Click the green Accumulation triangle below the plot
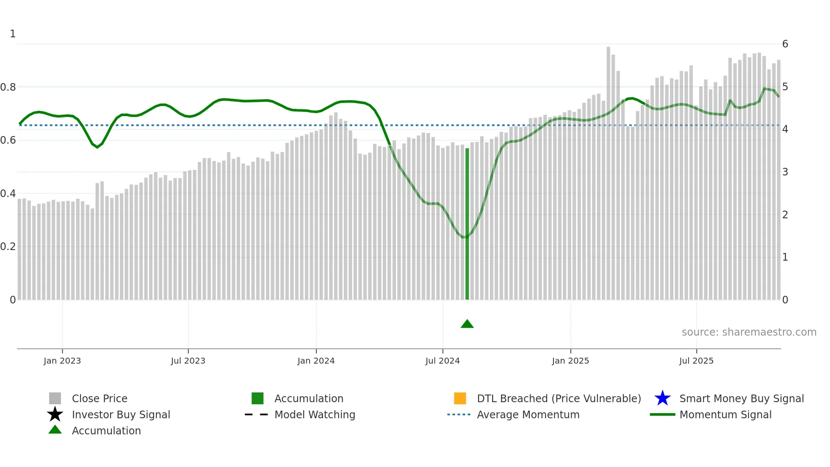(x=467, y=324)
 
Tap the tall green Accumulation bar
(x=467, y=225)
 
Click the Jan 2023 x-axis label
(x=62, y=361)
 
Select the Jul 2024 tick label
(x=443, y=361)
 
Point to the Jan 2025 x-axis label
(x=570, y=361)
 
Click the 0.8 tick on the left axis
(x=8, y=87)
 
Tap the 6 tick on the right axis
(x=785, y=44)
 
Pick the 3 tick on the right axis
(x=785, y=172)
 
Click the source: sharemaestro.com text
(x=749, y=332)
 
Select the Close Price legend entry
(x=100, y=399)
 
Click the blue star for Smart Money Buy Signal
(x=662, y=398)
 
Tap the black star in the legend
(x=55, y=414)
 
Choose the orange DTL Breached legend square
(x=460, y=398)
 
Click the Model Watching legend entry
(x=315, y=415)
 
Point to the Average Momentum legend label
(x=528, y=415)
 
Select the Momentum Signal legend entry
(x=725, y=415)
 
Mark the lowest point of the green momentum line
(x=465, y=237)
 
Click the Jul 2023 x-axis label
(x=188, y=361)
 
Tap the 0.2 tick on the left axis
(x=8, y=247)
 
